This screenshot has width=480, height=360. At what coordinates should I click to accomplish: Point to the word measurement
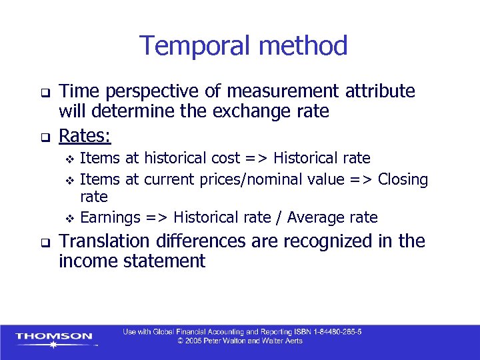pyautogui.click(x=281, y=91)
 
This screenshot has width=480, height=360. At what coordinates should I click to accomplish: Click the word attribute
pyautogui.click(x=379, y=91)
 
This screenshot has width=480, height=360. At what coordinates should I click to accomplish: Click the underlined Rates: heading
pyautogui.click(x=85, y=136)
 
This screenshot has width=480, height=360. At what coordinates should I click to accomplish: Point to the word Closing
pyautogui.click(x=403, y=179)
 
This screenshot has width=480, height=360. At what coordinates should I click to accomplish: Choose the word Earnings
pyautogui.click(x=110, y=217)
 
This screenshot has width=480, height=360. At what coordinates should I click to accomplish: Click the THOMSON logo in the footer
pyautogui.click(x=55, y=337)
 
